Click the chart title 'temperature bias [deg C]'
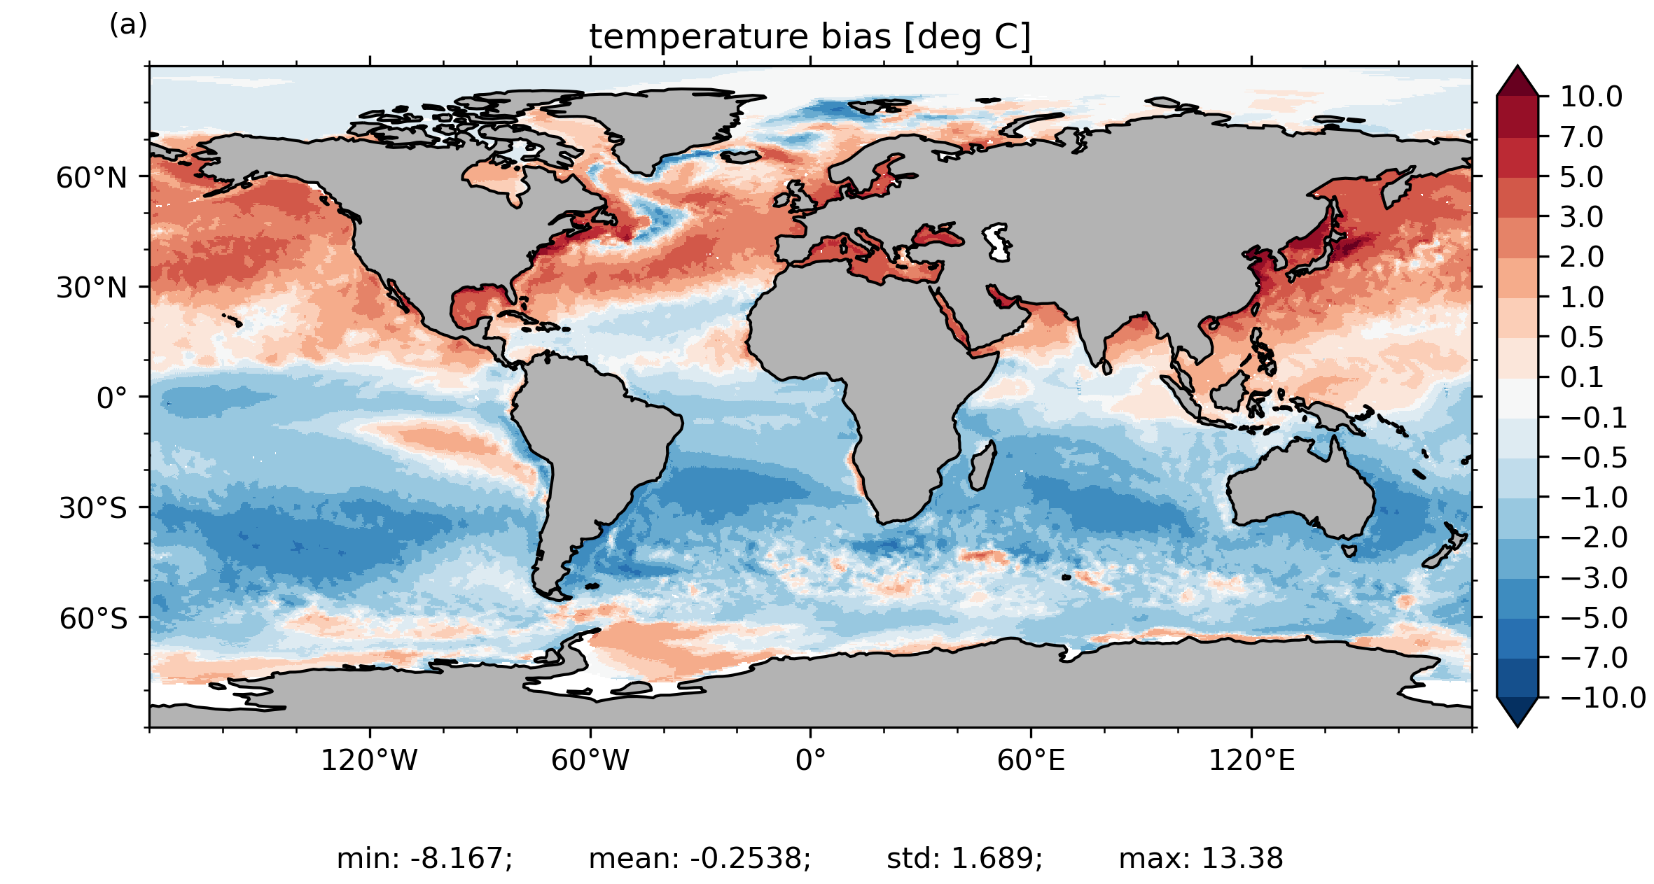[x=810, y=37]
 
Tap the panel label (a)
[x=128, y=25]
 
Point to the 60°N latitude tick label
[x=92, y=178]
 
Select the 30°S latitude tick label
[x=93, y=508]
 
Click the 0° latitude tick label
[x=112, y=398]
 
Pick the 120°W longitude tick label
[x=369, y=760]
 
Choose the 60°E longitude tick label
[x=1031, y=760]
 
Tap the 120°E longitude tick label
[x=1251, y=760]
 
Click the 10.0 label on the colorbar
[x=1591, y=97]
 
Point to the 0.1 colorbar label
[x=1582, y=377]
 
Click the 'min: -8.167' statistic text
[x=424, y=858]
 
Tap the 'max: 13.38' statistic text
[x=1201, y=858]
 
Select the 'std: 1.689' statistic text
[x=964, y=858]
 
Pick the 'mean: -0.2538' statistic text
[x=700, y=858]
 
